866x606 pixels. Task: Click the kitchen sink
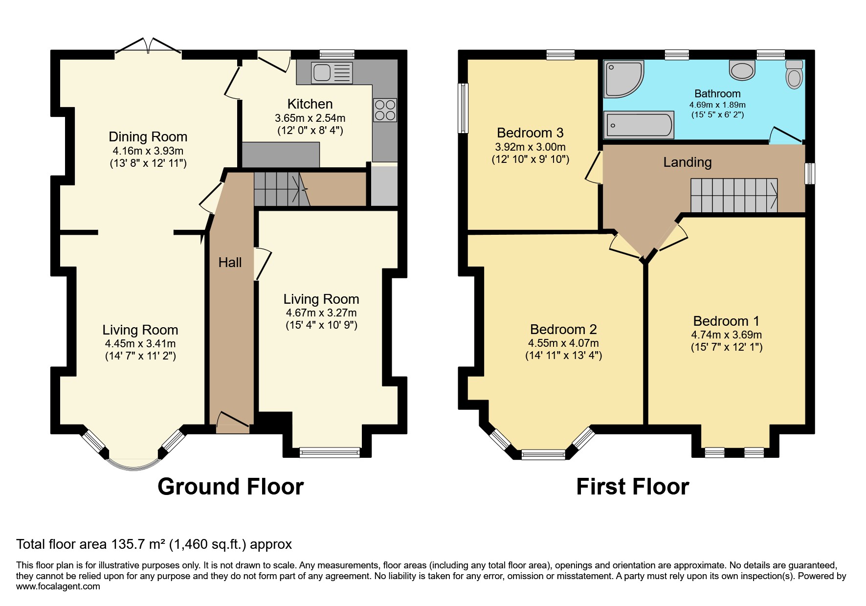point(332,73)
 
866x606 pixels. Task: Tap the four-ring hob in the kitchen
point(385,110)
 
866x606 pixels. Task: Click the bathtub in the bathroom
point(639,125)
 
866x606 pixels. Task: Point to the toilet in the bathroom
point(794,75)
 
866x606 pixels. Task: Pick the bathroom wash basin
point(742,70)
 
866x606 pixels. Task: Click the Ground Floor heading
point(230,487)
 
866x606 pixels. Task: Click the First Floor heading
point(632,487)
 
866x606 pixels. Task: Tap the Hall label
point(230,263)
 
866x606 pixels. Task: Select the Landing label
point(687,162)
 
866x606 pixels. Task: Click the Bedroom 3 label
point(530,133)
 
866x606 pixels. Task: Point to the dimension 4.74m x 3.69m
point(726,335)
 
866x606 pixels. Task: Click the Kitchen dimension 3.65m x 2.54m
point(310,118)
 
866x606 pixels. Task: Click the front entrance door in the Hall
point(233,422)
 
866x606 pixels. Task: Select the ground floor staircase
point(281,189)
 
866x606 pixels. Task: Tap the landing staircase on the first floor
point(733,195)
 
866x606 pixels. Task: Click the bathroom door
point(785,136)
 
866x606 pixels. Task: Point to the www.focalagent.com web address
point(58,586)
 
